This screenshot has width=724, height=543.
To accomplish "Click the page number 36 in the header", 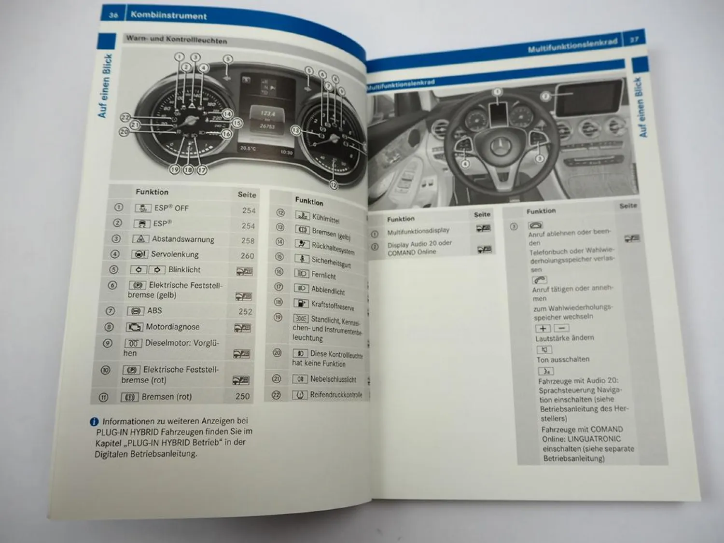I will pos(113,15).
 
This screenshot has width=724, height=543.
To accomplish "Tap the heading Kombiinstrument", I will pos(168,15).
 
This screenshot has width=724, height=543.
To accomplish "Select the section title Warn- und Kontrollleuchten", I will pos(176,40).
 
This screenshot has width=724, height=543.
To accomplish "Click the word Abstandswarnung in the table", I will pos(183,239).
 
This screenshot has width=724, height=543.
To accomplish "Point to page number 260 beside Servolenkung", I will pos(247,256).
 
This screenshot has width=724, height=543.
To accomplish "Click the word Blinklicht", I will pos(184,270).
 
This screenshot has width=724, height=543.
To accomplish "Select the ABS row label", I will pos(154,311).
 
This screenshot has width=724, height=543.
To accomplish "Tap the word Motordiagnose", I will pos(172,327).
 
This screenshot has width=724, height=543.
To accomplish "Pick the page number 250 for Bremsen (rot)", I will pos(242,396).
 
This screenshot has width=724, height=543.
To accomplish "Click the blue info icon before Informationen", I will pos(95,422).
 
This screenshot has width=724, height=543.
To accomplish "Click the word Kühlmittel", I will pos(326,219).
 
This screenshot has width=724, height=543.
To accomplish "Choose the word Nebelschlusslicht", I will pos(333,379).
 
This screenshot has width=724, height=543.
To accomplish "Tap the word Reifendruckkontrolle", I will pos(336,395).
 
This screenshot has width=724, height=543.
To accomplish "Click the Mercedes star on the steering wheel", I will pos(502,145).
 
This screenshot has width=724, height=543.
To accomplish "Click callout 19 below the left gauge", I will pos(175,169).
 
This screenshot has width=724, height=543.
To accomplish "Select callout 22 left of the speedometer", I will pos(125,117).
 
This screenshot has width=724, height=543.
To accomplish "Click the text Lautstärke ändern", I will pos(564,338).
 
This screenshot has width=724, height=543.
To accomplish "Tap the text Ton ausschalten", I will pos(563,360).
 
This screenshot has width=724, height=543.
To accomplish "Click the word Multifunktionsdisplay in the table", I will pos(418,231).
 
